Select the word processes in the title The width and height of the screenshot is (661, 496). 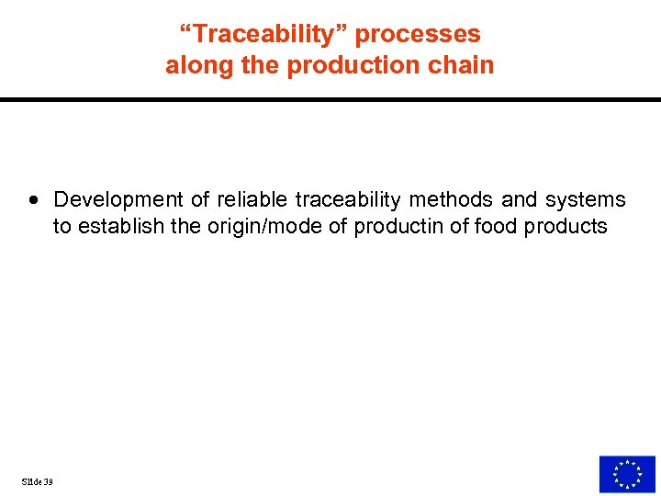pyautogui.click(x=418, y=34)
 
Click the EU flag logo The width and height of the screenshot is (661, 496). pyautogui.click(x=627, y=474)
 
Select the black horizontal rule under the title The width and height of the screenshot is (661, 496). pyautogui.click(x=330, y=99)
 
